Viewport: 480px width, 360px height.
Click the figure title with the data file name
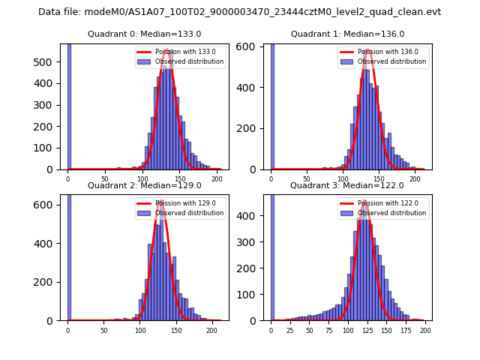click(239, 12)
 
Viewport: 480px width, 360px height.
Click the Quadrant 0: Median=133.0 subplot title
click(145, 34)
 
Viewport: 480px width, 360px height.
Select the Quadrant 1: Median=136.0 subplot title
click(347, 34)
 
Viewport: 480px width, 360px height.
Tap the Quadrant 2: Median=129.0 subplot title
click(145, 185)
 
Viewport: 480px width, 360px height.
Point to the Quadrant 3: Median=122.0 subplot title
click(347, 185)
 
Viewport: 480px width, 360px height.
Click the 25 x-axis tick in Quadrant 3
click(290, 329)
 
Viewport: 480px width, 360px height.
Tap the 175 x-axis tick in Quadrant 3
click(406, 329)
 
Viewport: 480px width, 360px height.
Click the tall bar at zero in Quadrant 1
click(272, 105)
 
